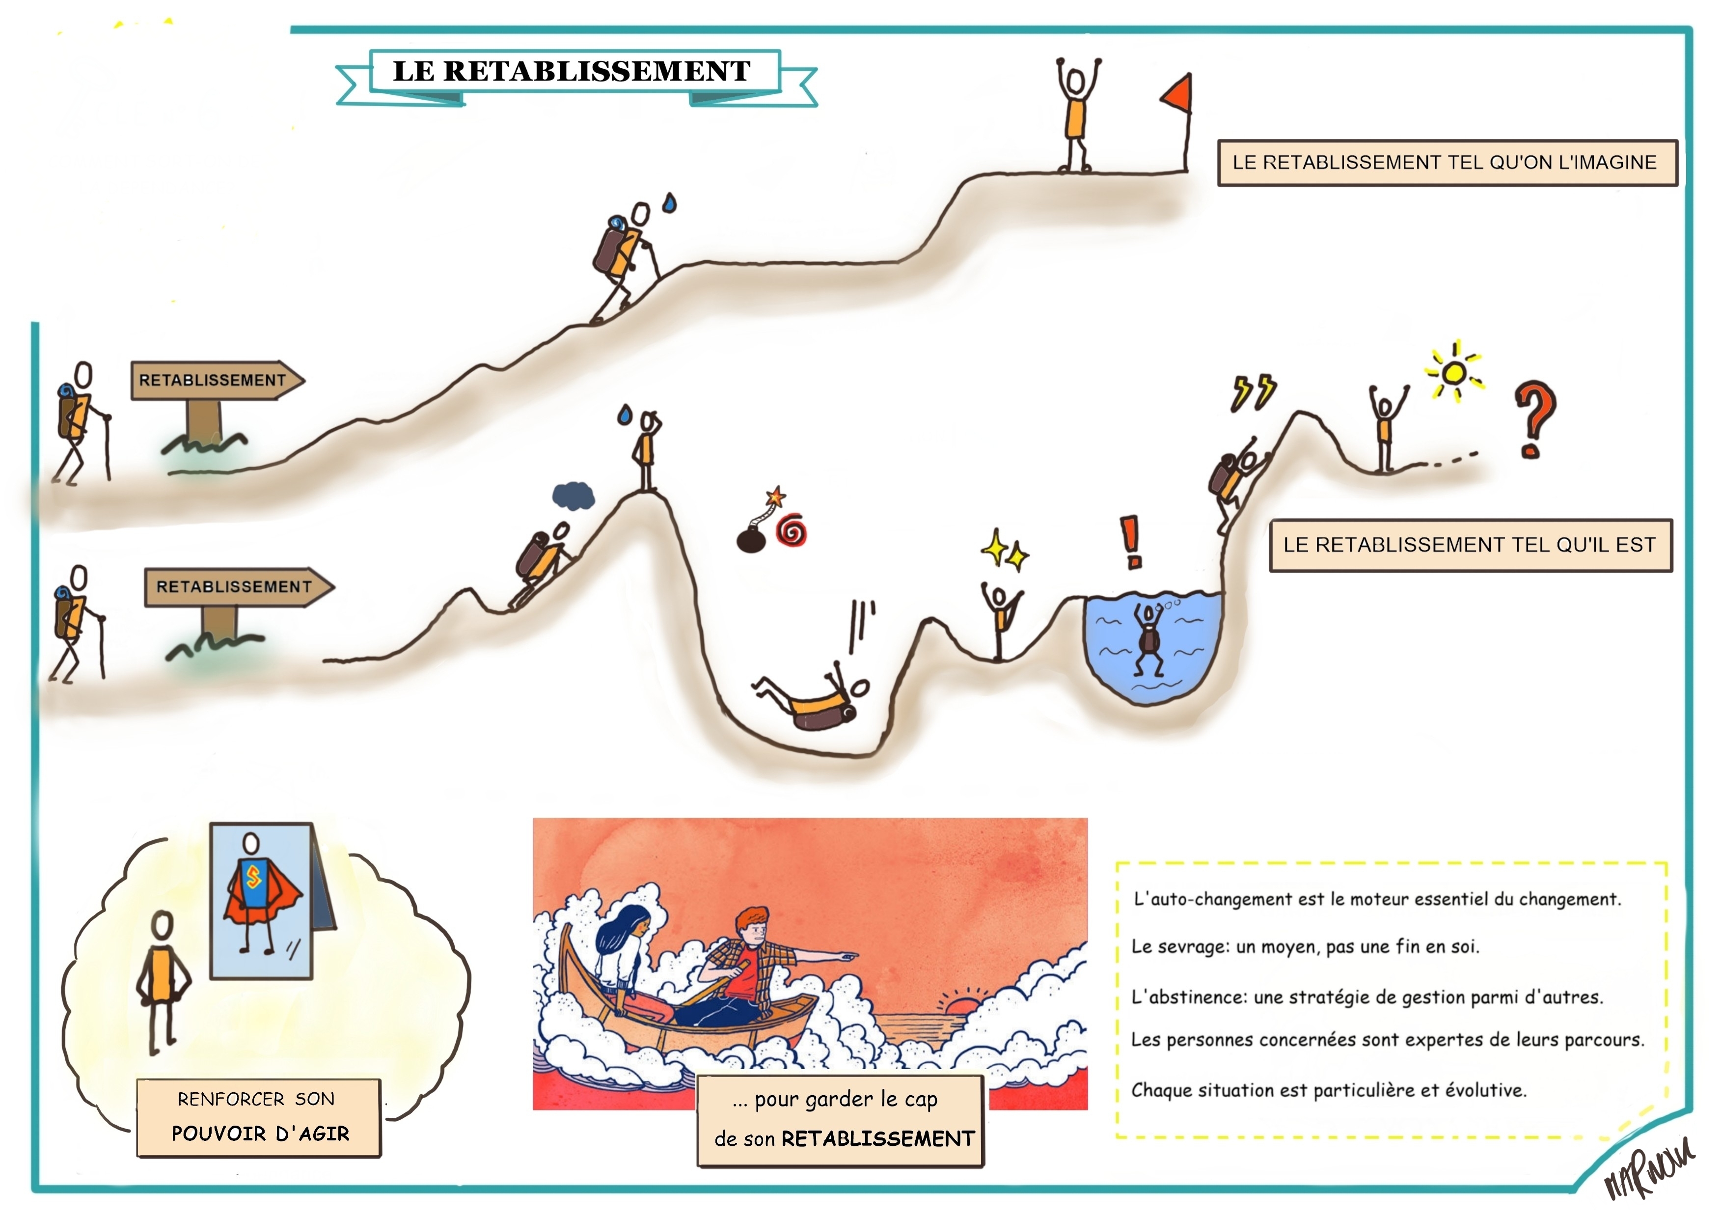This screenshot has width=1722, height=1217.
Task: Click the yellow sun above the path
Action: tap(1453, 373)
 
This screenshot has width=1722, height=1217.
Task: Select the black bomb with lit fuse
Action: tap(751, 539)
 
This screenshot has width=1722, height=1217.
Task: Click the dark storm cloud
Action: tap(573, 496)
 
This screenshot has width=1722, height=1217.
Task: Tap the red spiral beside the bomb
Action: tap(791, 531)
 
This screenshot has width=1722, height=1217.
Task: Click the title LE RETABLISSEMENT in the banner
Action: tap(572, 71)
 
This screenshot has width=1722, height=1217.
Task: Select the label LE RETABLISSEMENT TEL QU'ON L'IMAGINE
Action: tap(1445, 163)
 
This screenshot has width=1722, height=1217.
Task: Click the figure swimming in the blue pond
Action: tap(1148, 638)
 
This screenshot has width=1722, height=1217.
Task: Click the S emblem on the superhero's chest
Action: tap(253, 876)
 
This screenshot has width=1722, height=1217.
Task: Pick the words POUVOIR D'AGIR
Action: tap(260, 1133)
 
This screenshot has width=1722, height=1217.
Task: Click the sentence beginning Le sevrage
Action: tap(1305, 947)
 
